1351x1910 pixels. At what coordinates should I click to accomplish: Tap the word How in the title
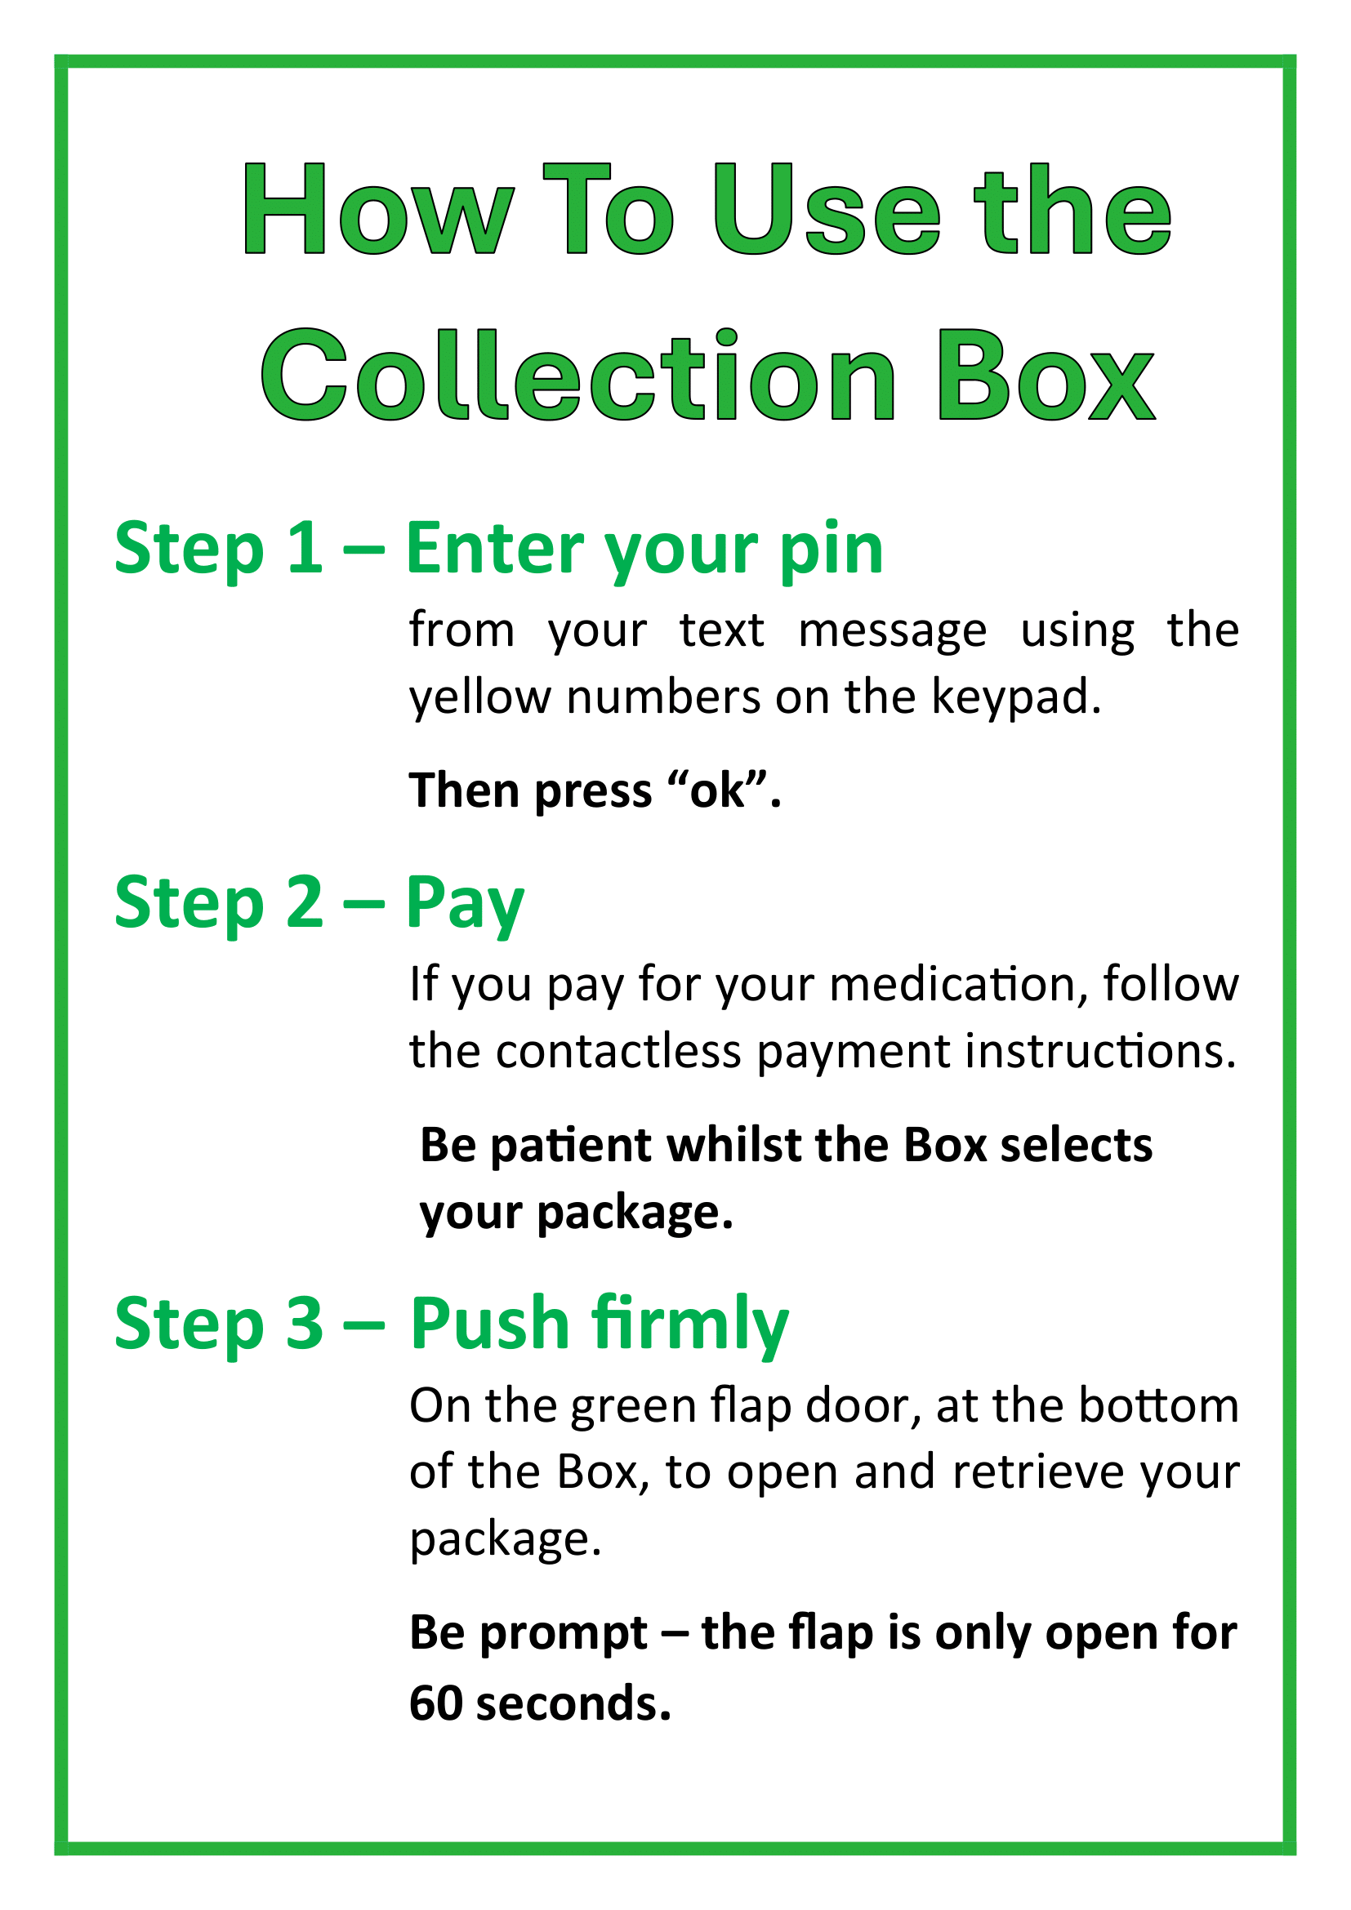[377, 208]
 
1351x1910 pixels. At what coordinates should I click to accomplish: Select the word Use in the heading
[827, 208]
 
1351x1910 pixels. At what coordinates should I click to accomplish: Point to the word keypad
[1016, 697]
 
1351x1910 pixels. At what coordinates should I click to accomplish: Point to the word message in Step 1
[893, 633]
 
